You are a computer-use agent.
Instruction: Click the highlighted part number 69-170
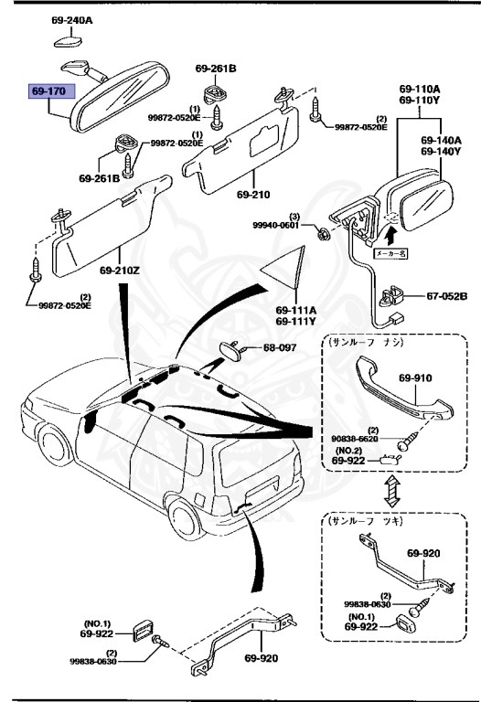tap(49, 92)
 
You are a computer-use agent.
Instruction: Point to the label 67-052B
tap(446, 296)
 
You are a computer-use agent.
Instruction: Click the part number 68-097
tap(282, 348)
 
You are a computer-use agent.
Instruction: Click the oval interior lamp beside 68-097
tap(233, 350)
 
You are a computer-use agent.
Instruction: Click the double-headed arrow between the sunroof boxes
tap(391, 494)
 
